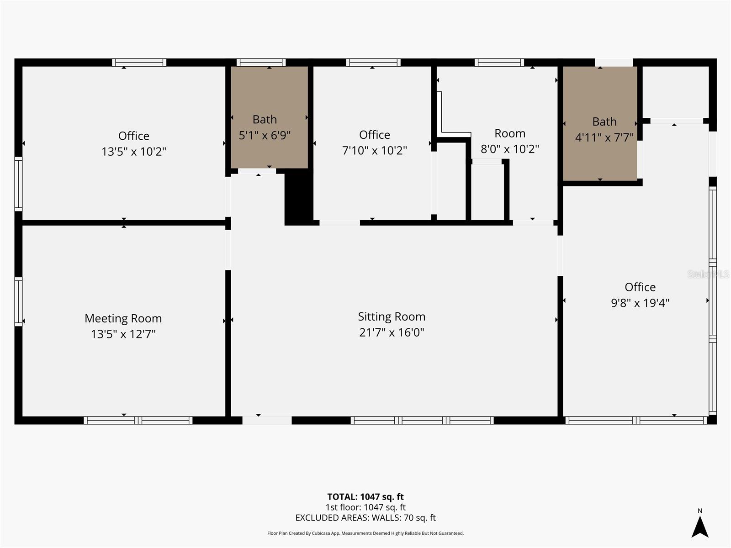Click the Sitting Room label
[x=392, y=316]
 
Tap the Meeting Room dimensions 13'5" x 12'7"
[x=123, y=334]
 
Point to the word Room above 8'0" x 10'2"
[x=510, y=133]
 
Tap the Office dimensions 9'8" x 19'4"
[x=640, y=303]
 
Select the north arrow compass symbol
[x=699, y=526]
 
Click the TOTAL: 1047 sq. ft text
[x=365, y=497]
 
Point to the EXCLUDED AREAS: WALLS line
[x=365, y=518]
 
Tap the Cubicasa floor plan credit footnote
[x=365, y=533]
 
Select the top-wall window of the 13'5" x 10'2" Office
[x=139, y=63]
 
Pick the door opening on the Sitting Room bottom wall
[x=267, y=420]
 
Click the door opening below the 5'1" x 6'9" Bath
[x=257, y=171]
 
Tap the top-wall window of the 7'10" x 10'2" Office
[x=373, y=63]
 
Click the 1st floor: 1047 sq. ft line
[x=365, y=507]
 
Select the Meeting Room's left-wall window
[x=18, y=301]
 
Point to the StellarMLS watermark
[x=708, y=274]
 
